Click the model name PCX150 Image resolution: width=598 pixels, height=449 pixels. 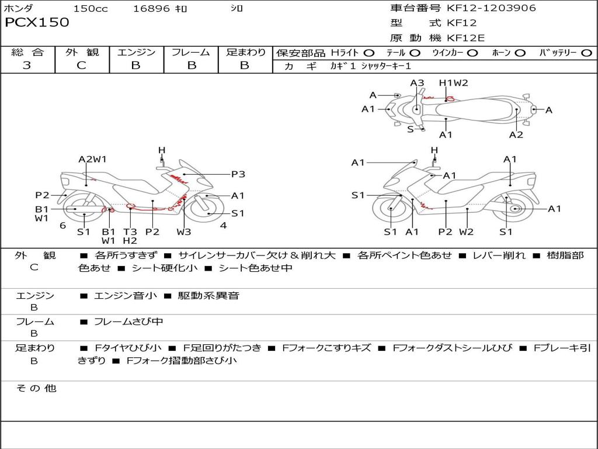tap(37, 23)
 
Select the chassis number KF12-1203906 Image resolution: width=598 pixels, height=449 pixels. tap(491, 8)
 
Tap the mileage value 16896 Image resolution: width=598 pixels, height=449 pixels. tap(151, 9)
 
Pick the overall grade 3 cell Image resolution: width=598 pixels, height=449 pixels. tap(27, 65)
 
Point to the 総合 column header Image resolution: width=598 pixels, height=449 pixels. tap(27, 53)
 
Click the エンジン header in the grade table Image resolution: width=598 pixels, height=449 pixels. tap(136, 53)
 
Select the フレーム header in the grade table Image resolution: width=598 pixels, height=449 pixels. tap(190, 53)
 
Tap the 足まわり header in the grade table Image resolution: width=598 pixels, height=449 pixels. tap(245, 53)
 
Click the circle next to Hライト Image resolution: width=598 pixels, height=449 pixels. tap(369, 53)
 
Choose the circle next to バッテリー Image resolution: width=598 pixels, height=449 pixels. tap(586, 53)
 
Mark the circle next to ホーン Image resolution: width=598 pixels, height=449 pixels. tap(520, 53)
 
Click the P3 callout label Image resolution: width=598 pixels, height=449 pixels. tap(238, 174)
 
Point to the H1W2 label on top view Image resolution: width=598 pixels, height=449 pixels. tap(454, 83)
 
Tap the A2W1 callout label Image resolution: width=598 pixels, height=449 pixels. tap(92, 159)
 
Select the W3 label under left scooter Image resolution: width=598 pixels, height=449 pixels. tap(184, 232)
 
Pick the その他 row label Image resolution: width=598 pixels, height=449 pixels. tap(36, 388)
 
